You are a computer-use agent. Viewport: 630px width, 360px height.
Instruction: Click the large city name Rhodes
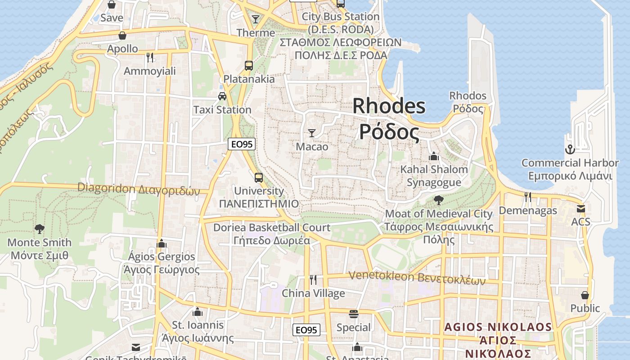point(389,106)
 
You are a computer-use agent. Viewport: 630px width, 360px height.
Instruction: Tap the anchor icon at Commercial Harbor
point(570,149)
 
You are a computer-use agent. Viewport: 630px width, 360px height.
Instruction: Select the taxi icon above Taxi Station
point(222,96)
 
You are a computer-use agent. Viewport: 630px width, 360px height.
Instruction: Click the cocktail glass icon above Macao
point(311,133)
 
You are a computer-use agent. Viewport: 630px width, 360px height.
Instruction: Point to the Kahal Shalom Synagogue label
point(434,175)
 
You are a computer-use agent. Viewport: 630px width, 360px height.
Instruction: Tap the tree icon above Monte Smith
point(40,229)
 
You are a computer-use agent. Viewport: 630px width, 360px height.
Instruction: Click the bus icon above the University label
point(258,177)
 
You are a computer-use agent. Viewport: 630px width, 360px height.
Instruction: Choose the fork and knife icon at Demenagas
point(528,197)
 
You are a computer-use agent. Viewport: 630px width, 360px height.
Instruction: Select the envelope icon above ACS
point(581,209)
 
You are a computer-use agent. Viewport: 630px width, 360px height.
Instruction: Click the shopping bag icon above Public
point(585,295)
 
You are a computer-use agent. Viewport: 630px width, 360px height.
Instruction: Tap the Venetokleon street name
point(417,278)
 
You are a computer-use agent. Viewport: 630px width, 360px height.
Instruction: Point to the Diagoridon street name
point(138,189)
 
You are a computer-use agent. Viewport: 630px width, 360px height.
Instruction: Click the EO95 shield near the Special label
point(306,330)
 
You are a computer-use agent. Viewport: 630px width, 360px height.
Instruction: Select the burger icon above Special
point(354,314)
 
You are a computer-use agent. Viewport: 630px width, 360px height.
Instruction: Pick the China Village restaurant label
point(313,293)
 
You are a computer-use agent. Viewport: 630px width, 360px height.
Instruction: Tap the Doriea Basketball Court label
point(272,234)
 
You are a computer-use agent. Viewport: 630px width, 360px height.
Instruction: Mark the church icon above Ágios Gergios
point(162,243)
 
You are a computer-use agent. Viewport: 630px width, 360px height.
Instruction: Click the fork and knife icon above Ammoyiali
point(150,57)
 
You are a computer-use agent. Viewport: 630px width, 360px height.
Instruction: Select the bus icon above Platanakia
point(249,65)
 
